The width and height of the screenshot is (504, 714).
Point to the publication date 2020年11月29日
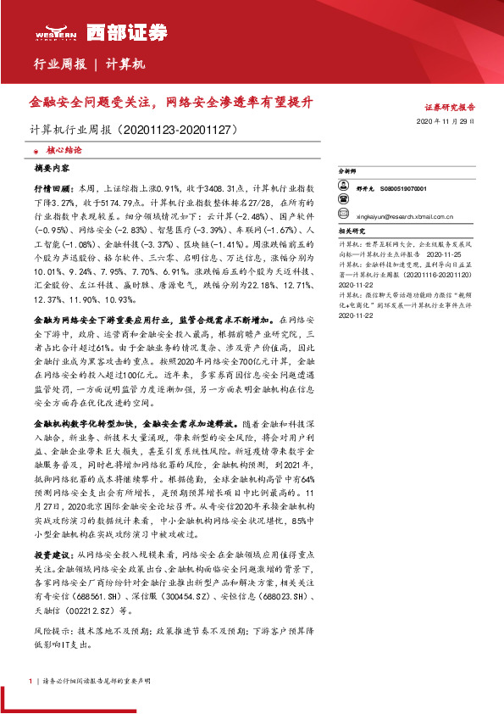[451, 122]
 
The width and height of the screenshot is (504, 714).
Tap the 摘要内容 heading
[53, 168]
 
